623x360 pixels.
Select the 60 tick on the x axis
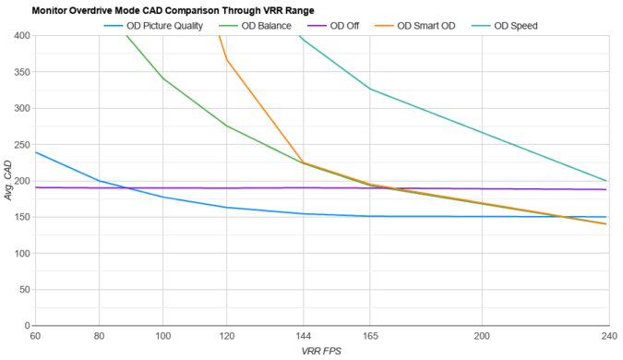35,336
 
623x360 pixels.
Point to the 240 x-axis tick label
605,336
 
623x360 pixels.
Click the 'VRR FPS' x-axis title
320,352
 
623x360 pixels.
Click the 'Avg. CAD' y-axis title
8,181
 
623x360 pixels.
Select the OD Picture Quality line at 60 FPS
36,152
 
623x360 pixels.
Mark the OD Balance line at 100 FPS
163,78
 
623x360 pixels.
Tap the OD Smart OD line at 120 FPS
227,60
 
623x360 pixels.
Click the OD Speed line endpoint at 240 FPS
606,181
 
